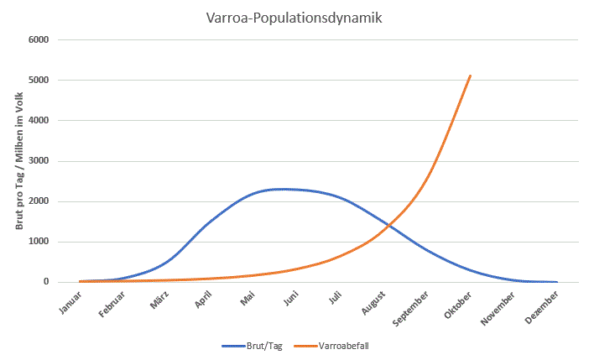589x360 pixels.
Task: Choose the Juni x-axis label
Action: tap(290, 300)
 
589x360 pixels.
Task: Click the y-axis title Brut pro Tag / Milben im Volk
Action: tap(18, 161)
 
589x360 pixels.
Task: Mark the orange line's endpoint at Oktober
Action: tap(470, 76)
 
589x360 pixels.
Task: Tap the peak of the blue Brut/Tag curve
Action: tap(284, 189)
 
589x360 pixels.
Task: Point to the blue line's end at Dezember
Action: tap(556, 282)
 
